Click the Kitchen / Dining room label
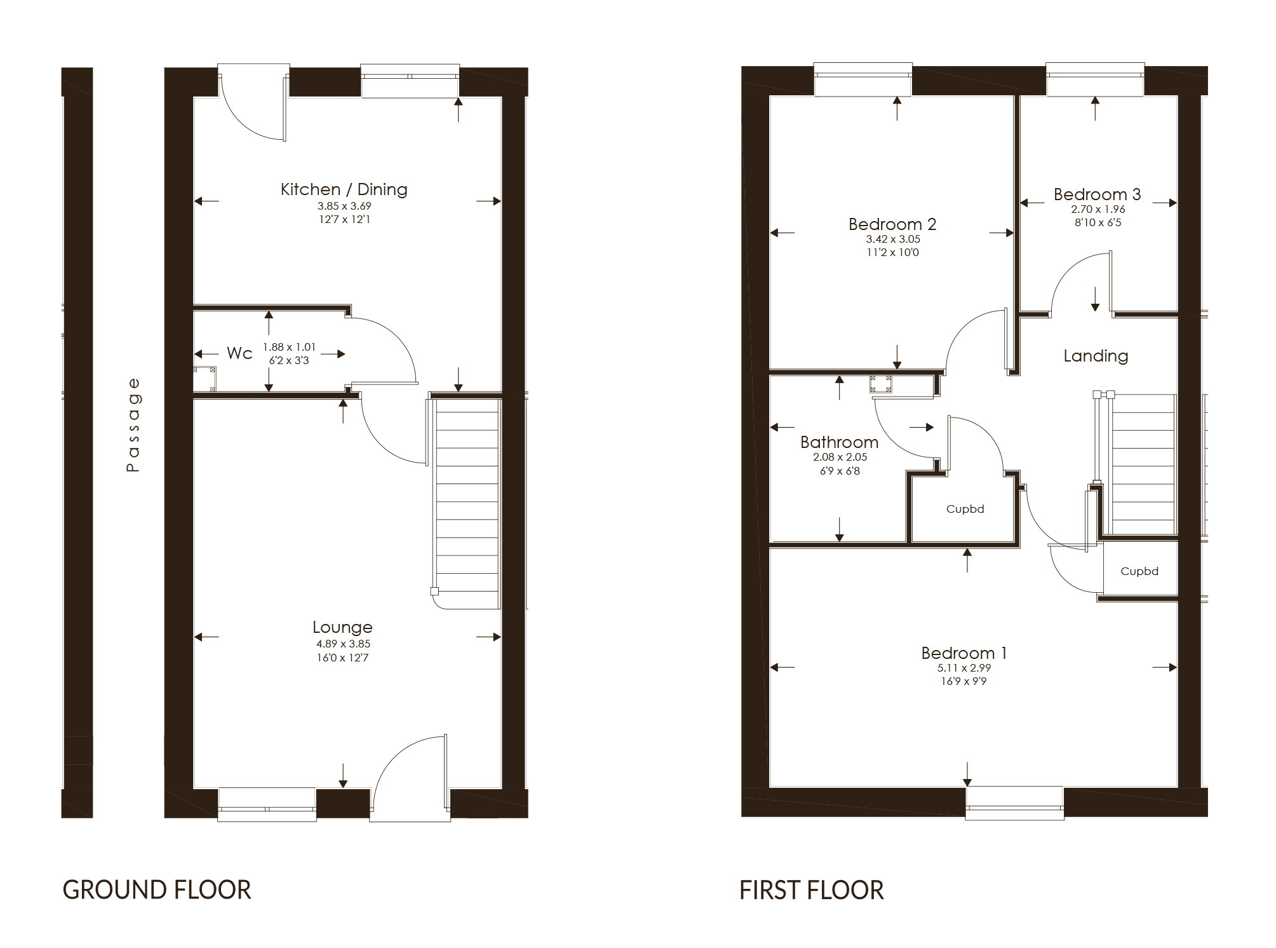pos(344,189)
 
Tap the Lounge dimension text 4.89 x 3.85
pos(343,644)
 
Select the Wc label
pos(239,354)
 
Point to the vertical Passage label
pos(133,424)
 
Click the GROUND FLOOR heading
pos(157,890)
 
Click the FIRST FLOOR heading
pos(811,890)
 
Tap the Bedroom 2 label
pos(892,224)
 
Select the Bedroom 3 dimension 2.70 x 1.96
pos(1097,209)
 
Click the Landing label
pos(1096,356)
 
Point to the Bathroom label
pos(839,442)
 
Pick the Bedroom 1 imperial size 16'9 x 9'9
pos(964,681)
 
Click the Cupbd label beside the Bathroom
pos(965,509)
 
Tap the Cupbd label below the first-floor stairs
pos(1139,571)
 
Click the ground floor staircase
pos(467,502)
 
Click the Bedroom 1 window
pos(1014,802)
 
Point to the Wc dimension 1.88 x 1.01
pos(289,347)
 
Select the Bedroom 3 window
pos(1095,79)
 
